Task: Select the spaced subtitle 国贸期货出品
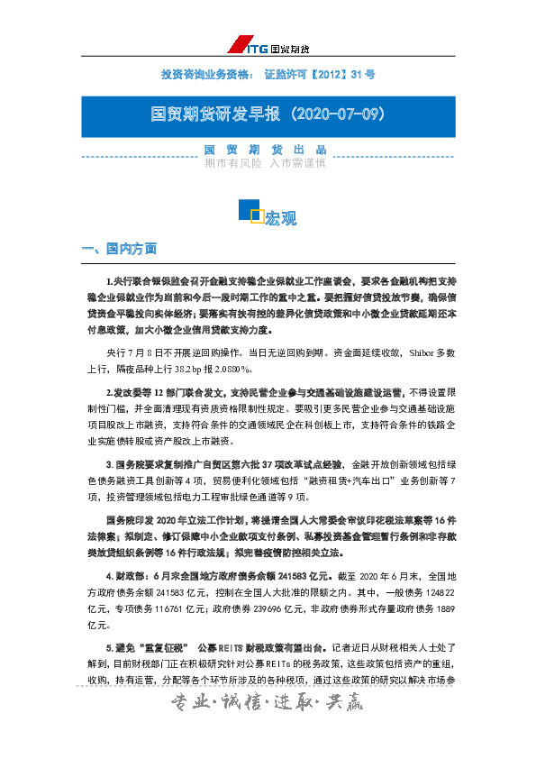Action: point(265,150)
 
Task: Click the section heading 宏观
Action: point(280,218)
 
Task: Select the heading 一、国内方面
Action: point(119,249)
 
